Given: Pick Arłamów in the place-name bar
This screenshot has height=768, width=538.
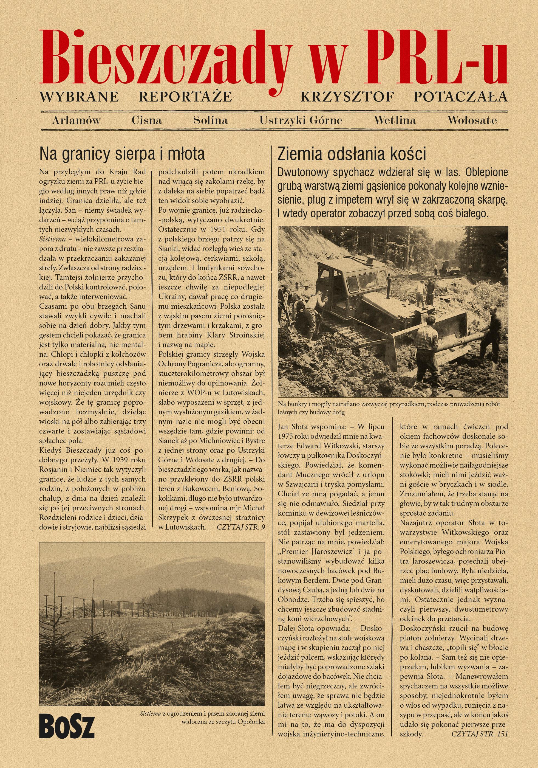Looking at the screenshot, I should click(x=76, y=120).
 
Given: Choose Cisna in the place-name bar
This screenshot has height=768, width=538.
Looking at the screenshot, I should click(x=146, y=120).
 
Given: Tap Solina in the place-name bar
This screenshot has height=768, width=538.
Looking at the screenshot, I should click(x=211, y=120).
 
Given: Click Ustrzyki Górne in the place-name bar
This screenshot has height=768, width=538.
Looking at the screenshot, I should click(x=301, y=120).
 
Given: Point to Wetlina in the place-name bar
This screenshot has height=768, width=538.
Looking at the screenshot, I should click(x=395, y=120).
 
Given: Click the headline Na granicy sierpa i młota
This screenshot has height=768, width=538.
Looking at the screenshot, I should click(x=122, y=154).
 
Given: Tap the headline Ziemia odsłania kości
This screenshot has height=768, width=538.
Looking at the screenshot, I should click(x=352, y=154).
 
